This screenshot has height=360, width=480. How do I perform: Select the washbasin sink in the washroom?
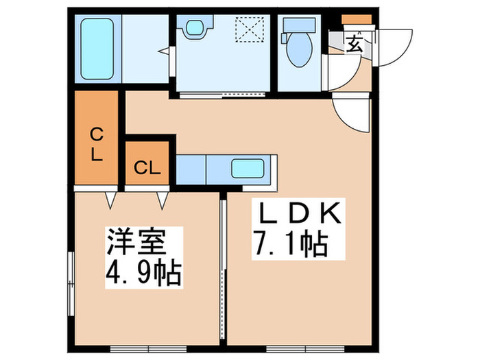click(193, 27)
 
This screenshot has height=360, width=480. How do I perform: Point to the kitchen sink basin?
click(248, 168)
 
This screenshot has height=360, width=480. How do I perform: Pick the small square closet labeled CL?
click(147, 167)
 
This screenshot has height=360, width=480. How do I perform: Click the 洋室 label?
click(134, 242)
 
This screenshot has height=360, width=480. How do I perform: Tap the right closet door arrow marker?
click(163, 200)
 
